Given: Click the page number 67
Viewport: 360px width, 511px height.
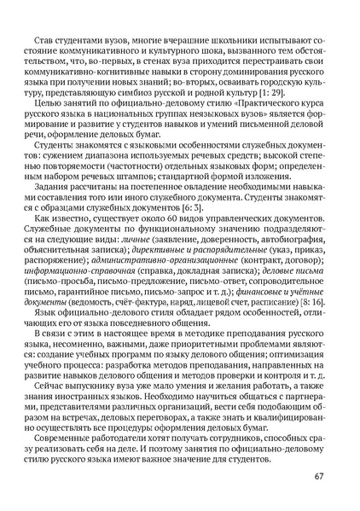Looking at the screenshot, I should pyautogui.click(x=317, y=475).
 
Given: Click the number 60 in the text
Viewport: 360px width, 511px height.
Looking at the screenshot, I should pyautogui.click(x=151, y=220).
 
